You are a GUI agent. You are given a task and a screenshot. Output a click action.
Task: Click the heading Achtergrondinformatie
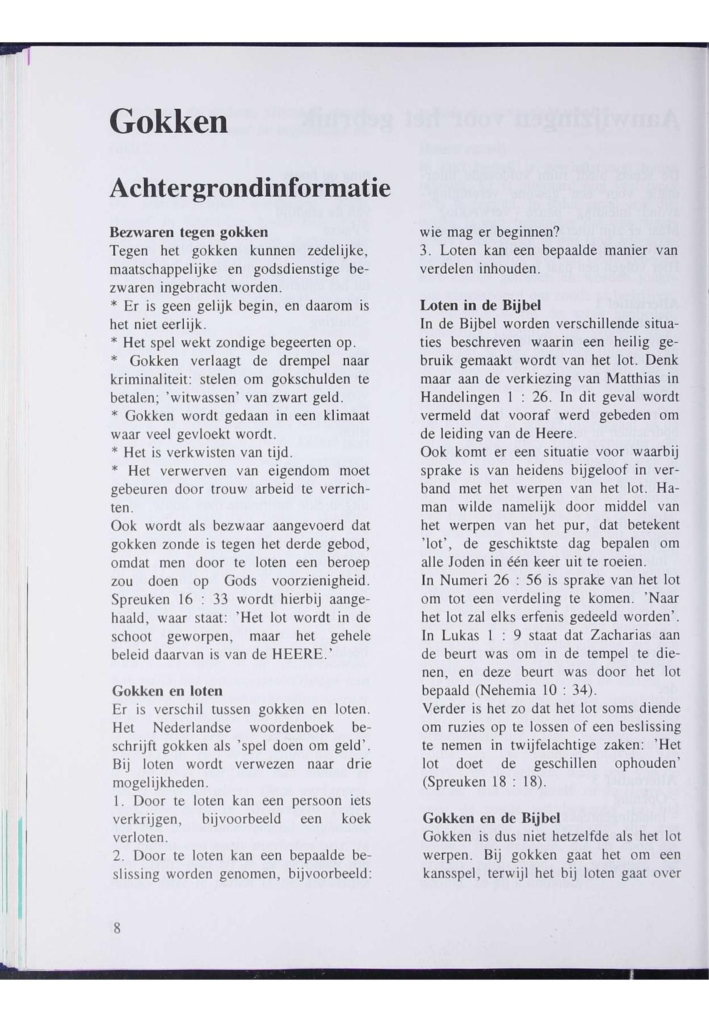point(250,188)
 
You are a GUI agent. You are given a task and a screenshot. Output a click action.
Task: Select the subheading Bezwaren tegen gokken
point(189,232)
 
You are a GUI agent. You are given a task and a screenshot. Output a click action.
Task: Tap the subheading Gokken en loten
point(167,691)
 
